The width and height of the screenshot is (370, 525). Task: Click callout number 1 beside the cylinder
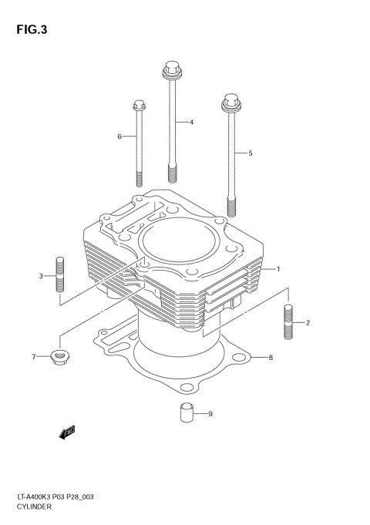tap(278, 269)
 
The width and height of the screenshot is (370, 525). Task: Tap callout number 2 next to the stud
tap(308, 322)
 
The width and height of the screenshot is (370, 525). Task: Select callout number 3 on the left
tap(41, 276)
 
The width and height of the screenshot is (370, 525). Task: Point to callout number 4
tap(191, 122)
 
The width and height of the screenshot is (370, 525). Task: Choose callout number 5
tap(251, 153)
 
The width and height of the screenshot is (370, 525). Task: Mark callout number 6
tap(119, 136)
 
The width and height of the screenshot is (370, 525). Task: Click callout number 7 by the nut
tap(34, 357)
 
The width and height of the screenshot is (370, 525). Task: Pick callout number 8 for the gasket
tap(271, 358)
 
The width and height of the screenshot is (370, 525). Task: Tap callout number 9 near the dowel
tap(210, 414)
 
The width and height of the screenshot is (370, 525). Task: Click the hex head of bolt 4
tap(170, 72)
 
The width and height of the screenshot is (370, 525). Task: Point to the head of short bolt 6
tap(139, 105)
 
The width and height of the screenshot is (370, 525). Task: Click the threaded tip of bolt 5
tap(231, 206)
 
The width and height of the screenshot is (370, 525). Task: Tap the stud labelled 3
tap(59, 274)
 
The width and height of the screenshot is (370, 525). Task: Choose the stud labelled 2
tap(289, 322)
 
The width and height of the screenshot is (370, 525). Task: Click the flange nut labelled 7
tap(58, 356)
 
